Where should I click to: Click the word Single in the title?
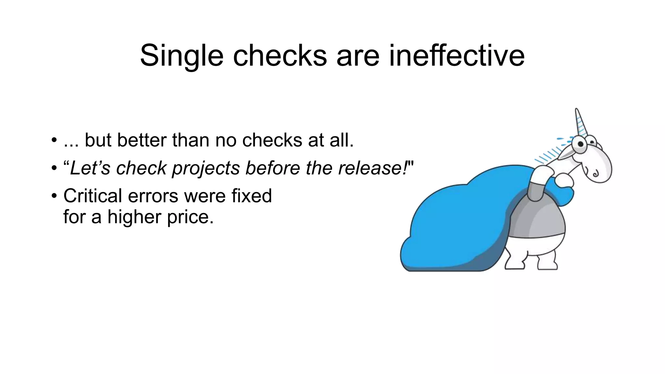click(x=182, y=56)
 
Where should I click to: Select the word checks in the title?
click(x=280, y=56)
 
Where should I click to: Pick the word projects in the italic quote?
click(x=205, y=168)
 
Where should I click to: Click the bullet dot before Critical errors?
click(x=54, y=196)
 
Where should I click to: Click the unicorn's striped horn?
click(x=581, y=123)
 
